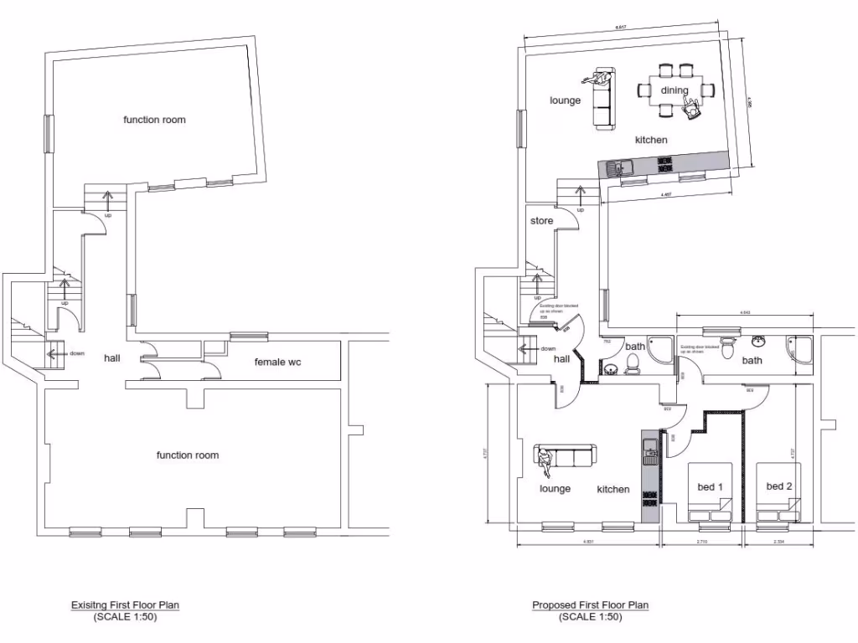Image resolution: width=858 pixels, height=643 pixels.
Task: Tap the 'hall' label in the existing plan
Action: [111, 358]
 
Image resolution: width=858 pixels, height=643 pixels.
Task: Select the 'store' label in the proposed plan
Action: [542, 221]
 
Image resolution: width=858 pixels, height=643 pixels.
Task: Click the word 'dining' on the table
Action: [674, 90]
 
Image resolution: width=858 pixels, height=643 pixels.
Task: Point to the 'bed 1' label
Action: [710, 486]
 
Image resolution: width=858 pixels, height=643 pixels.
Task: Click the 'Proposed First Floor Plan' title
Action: [590, 605]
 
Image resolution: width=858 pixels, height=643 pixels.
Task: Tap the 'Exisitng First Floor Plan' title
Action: [124, 604]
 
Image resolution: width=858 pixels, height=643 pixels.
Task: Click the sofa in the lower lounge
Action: [566, 457]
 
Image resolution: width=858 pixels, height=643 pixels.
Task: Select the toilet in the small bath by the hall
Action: [633, 362]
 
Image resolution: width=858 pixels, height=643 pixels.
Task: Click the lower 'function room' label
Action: [188, 455]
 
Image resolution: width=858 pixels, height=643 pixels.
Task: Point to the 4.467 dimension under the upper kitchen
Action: [667, 195]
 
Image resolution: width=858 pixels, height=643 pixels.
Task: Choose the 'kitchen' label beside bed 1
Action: [613, 489]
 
